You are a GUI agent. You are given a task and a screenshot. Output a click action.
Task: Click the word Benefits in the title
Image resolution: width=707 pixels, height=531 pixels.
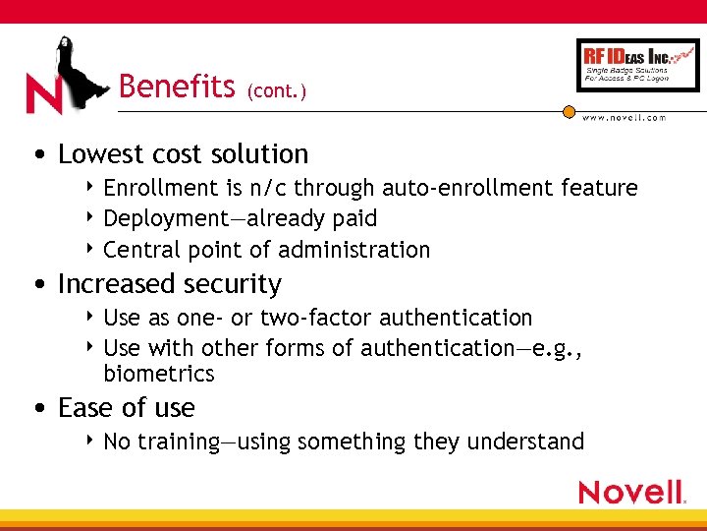pos(177,87)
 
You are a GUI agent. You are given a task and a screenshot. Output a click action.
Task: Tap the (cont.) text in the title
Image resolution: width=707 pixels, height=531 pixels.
pos(277,91)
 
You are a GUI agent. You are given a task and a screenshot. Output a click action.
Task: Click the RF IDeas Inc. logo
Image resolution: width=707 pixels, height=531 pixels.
pos(637,65)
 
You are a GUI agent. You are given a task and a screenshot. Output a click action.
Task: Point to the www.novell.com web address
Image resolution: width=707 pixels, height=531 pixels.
pos(625,118)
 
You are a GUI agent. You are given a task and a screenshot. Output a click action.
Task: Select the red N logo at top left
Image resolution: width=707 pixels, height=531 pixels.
pos(43,94)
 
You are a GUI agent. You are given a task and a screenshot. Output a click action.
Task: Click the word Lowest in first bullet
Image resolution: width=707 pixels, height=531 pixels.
pos(99,154)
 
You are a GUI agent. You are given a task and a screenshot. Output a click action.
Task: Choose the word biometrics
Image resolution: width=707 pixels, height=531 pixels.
pos(158,374)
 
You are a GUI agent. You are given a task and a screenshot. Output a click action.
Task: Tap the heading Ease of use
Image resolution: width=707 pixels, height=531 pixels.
pos(126,407)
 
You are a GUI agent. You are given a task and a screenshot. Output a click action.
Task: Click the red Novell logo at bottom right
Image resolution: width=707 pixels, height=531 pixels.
pos(630,492)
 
